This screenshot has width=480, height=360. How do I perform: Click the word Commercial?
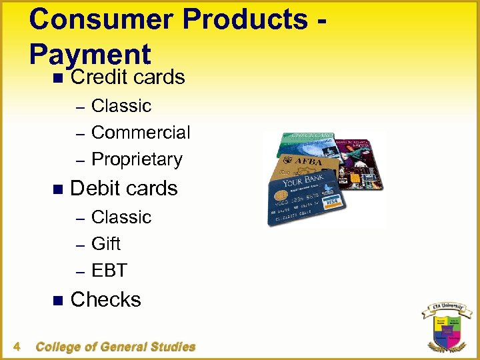coord(141,133)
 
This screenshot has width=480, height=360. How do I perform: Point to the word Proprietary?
coord(137,159)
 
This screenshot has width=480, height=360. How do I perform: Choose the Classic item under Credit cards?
coord(121,106)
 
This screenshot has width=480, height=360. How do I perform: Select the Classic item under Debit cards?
coord(121,217)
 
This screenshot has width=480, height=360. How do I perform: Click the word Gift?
coord(106,244)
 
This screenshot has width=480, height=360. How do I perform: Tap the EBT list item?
coord(109,271)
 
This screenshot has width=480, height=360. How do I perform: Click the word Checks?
coord(105,300)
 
